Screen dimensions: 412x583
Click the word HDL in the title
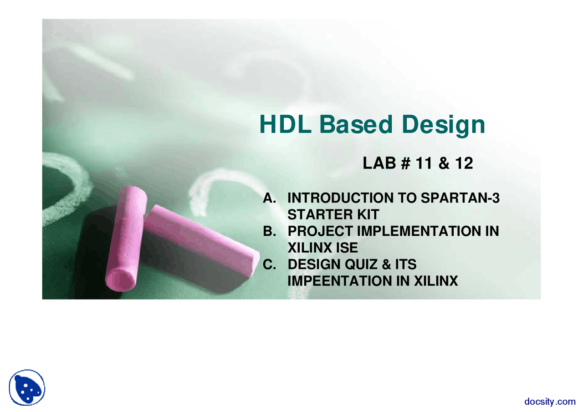coord(285,124)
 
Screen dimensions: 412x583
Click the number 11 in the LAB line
coord(424,163)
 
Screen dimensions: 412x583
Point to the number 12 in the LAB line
coord(464,163)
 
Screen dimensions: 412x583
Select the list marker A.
coord(270,198)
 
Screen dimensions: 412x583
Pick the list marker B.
coord(270,231)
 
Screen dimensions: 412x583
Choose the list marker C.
coord(270,264)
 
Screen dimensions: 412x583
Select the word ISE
coord(346,248)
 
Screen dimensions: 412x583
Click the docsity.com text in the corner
coord(550,401)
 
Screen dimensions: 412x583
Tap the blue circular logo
coord(27,387)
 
